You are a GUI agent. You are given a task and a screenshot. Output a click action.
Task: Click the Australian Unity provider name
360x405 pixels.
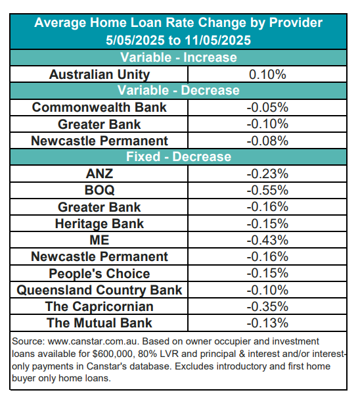click(99, 75)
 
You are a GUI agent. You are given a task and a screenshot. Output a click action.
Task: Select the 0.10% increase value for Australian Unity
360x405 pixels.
click(267, 74)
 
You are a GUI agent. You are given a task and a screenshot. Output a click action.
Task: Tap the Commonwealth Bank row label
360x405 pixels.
click(99, 107)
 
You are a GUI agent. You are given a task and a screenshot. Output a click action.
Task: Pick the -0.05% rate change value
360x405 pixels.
click(267, 107)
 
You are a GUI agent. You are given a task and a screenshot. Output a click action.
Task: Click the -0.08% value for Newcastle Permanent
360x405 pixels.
click(267, 141)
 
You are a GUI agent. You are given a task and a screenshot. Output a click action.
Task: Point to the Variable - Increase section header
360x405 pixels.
click(178, 57)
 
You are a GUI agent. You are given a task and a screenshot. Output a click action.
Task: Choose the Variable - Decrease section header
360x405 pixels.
click(178, 91)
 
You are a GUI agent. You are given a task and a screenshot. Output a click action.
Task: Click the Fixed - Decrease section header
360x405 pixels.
click(178, 156)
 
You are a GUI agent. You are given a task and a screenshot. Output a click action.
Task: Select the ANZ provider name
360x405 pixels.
click(99, 174)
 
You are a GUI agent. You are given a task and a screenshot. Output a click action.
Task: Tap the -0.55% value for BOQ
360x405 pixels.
click(267, 191)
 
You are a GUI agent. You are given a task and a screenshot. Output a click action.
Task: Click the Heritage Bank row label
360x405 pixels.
click(99, 224)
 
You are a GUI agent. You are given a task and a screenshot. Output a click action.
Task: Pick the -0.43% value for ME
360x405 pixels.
click(267, 240)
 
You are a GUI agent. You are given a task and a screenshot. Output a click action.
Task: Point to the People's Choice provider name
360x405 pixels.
click(99, 274)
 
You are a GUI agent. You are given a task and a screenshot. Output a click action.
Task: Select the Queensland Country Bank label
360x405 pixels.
click(99, 290)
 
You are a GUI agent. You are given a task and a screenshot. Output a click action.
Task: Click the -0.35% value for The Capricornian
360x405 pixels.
click(267, 306)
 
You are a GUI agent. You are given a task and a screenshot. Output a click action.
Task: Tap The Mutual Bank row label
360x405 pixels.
click(99, 323)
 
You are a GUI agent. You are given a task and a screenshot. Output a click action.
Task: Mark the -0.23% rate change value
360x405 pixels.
click(267, 174)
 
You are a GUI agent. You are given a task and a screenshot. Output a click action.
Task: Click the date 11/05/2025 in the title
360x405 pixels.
click(218, 40)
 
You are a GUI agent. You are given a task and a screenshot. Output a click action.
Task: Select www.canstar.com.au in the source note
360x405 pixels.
click(93, 341)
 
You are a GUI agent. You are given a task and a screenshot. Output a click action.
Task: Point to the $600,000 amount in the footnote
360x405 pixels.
click(114, 354)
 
